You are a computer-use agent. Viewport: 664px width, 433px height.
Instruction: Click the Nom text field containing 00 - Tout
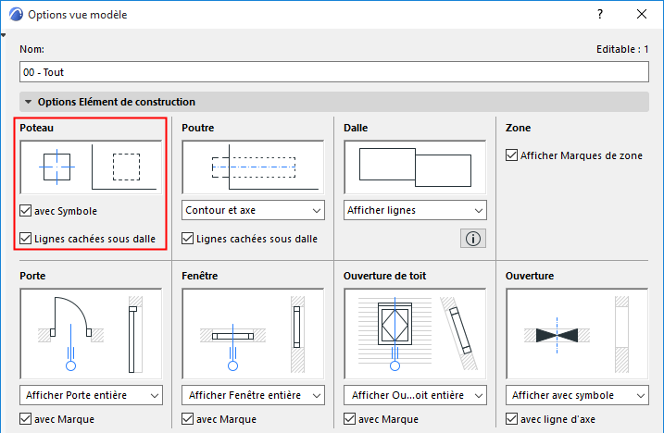pyautogui.click(x=333, y=72)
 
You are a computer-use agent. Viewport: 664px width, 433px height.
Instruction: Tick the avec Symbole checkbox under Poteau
pyautogui.click(x=25, y=210)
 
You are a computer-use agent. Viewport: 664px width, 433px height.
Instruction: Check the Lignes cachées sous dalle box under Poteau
pyautogui.click(x=25, y=239)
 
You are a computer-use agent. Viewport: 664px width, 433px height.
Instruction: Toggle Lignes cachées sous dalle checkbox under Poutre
pyautogui.click(x=188, y=239)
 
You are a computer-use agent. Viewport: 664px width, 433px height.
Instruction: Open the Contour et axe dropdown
pyautogui.click(x=253, y=210)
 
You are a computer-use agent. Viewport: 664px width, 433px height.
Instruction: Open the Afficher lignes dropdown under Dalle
pyautogui.click(x=415, y=210)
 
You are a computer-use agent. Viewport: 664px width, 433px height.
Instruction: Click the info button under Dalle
pyautogui.click(x=473, y=239)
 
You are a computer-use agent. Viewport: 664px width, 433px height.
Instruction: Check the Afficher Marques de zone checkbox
pyautogui.click(x=511, y=155)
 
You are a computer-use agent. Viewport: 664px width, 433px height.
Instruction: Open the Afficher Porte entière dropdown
pyautogui.click(x=91, y=395)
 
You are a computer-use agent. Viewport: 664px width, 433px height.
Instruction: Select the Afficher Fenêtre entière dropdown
pyautogui.click(x=253, y=395)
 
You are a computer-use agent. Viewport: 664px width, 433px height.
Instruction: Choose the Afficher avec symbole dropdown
pyautogui.click(x=577, y=395)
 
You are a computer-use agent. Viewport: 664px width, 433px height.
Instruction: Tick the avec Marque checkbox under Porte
pyautogui.click(x=25, y=419)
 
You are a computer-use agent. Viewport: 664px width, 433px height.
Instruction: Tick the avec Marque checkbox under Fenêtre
pyautogui.click(x=188, y=419)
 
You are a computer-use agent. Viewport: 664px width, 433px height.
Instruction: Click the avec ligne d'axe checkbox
pyautogui.click(x=511, y=419)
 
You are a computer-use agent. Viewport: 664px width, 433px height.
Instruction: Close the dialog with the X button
pyautogui.click(x=642, y=15)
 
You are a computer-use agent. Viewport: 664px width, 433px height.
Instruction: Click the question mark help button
pyautogui.click(x=600, y=15)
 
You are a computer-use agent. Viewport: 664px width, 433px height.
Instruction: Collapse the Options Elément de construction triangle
pyautogui.click(x=29, y=102)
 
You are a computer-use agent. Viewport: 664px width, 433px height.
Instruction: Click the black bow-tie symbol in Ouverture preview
pyautogui.click(x=557, y=335)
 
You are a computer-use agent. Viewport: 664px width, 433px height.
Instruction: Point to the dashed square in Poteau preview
pyautogui.click(x=126, y=167)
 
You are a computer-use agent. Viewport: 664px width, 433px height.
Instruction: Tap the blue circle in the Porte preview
pyautogui.click(x=70, y=366)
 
